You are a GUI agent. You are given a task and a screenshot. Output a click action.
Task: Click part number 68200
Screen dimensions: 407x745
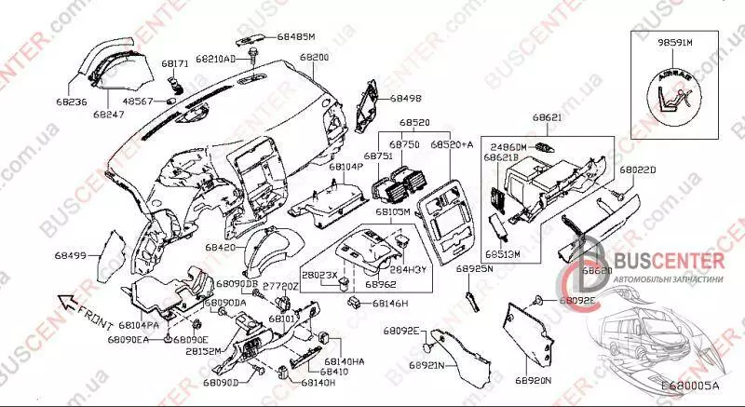tap(314, 58)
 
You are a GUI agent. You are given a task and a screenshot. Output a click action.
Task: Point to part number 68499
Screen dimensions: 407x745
tap(70, 254)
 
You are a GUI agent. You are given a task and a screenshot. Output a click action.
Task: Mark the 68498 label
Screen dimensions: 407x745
tap(405, 97)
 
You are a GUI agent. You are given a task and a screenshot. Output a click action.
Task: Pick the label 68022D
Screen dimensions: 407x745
tap(638, 170)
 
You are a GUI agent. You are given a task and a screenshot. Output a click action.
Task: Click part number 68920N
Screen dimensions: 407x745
tap(533, 381)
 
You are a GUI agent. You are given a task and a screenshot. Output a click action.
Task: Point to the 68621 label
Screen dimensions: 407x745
tap(548, 118)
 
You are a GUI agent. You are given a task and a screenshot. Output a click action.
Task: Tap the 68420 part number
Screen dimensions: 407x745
tap(221, 248)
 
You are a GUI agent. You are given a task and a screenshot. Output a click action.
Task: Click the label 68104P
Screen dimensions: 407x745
tap(345, 166)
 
